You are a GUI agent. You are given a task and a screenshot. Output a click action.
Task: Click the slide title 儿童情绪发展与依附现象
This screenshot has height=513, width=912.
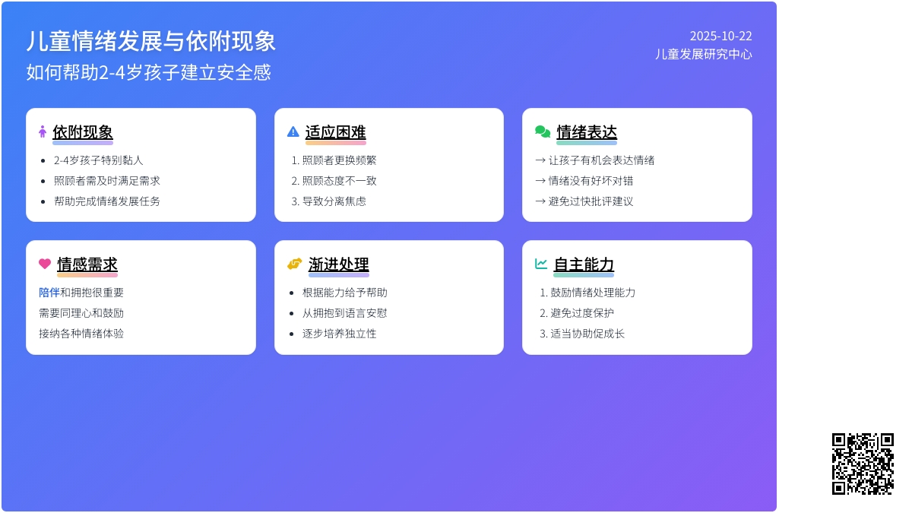(150, 41)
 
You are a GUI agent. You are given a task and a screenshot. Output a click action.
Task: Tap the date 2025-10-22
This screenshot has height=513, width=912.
(720, 36)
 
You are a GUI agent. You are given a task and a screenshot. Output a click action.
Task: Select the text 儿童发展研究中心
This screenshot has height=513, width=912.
(703, 54)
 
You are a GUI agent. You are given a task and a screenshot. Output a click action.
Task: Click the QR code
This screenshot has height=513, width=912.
(863, 464)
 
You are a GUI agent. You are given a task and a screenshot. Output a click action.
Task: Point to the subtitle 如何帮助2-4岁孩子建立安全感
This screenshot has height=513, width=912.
(148, 72)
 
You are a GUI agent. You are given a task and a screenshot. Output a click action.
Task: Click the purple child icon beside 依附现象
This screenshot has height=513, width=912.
(43, 131)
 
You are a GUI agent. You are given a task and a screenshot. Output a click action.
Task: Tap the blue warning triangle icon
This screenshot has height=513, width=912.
(293, 131)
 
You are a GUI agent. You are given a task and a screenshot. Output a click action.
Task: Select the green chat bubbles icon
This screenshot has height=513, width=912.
(543, 131)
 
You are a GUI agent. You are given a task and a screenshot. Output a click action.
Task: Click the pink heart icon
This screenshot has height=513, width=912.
(45, 264)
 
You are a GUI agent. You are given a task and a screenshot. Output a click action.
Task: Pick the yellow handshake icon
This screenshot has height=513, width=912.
(295, 264)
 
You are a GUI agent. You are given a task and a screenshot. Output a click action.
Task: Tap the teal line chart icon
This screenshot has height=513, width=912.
(541, 264)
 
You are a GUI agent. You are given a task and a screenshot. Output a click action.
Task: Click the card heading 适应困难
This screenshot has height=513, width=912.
(335, 132)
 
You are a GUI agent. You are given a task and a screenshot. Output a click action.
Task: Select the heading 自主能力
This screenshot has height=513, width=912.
(584, 264)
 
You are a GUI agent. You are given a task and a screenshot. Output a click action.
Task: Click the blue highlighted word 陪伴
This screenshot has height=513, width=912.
(49, 293)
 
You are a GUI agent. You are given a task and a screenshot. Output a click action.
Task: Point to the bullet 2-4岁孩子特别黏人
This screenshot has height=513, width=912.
(99, 160)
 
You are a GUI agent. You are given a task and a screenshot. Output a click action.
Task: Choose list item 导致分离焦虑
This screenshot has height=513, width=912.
(334, 201)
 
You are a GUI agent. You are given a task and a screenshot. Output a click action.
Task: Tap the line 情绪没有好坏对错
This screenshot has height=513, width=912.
(591, 181)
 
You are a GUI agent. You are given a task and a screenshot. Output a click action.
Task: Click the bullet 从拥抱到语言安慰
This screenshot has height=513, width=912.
(345, 313)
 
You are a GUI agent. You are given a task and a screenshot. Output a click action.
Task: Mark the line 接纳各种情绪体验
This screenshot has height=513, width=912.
(81, 334)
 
